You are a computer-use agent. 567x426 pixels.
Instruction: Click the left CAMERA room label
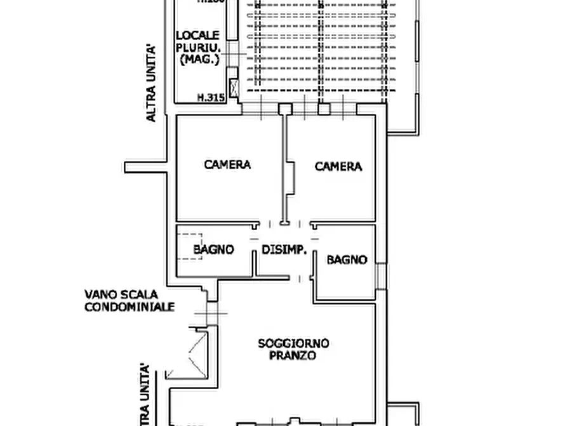tap(227, 165)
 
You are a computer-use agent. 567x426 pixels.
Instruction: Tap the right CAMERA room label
tap(338, 167)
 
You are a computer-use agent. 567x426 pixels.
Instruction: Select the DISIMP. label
tap(284, 250)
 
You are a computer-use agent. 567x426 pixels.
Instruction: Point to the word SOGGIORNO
tap(293, 343)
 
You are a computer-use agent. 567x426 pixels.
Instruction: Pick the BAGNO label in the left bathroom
tap(213, 250)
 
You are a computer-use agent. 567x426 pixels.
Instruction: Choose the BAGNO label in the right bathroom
tap(347, 259)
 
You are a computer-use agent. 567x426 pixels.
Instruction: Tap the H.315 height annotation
tap(211, 98)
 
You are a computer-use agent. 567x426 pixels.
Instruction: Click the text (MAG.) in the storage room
tap(199, 60)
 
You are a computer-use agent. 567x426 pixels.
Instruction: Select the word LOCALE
tap(197, 35)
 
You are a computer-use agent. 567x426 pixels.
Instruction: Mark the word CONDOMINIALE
tap(130, 306)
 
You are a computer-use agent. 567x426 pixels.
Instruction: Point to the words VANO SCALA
tap(121, 295)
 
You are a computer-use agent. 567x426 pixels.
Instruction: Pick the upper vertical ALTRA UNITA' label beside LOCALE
tap(151, 83)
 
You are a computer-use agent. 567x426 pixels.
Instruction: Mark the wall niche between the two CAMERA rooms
tap(291, 179)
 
